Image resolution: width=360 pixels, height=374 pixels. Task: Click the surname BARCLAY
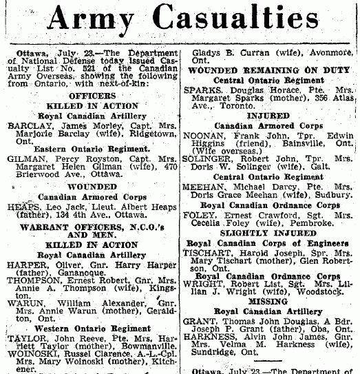(28, 126)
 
